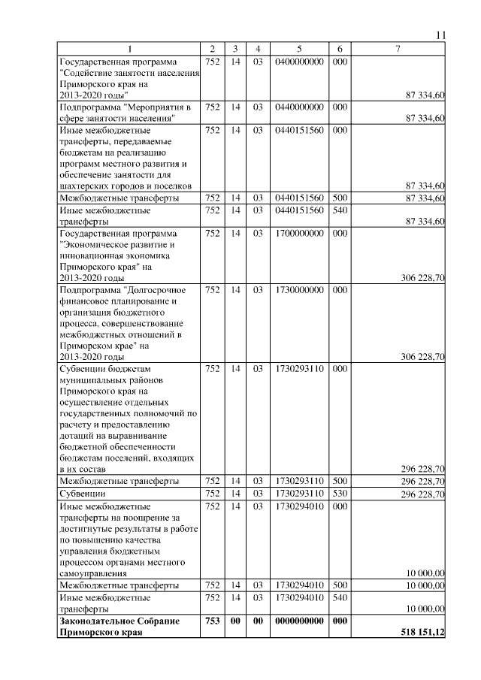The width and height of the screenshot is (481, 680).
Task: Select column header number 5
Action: point(299,49)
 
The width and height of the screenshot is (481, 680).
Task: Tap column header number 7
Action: point(399,49)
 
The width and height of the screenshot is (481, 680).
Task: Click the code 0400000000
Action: point(299,61)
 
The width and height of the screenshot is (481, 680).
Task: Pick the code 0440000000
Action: point(299,107)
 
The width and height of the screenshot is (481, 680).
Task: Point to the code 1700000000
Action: point(299,234)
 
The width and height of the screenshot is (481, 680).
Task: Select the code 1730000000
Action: point(299,289)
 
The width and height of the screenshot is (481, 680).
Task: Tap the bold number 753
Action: point(212,621)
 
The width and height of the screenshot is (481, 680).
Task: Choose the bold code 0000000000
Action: point(299,621)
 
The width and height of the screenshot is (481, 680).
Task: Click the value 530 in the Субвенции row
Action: point(339,494)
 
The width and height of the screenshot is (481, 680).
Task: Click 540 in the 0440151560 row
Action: point(339,210)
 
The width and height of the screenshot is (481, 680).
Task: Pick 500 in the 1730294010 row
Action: point(339,585)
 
